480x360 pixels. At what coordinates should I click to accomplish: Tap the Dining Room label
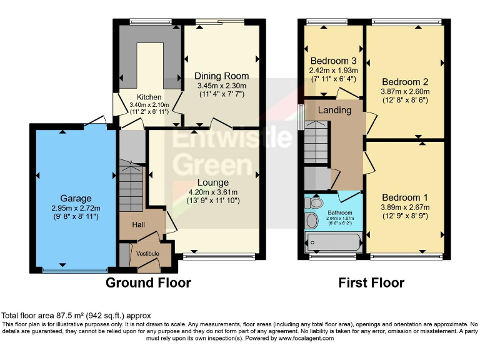[221, 76]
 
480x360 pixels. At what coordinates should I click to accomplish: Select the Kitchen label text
[150, 97]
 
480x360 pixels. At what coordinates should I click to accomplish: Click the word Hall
[140, 224]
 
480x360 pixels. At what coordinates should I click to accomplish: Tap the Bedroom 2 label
[405, 82]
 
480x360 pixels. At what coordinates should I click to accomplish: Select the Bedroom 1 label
[405, 207]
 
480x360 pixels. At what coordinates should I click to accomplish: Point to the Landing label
[335, 110]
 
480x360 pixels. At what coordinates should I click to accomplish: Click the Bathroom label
[341, 212]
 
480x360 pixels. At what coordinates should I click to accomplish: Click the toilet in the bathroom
[316, 202]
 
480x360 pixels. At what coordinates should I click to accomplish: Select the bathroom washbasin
[312, 220]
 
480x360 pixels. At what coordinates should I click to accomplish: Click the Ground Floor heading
[148, 282]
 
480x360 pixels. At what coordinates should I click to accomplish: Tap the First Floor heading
[371, 282]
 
